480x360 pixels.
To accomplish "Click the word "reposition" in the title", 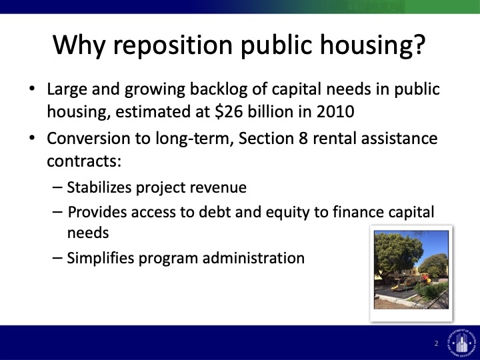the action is pyautogui.click(x=173, y=46).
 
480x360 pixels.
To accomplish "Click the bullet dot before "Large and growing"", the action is pyautogui.click(x=32, y=89).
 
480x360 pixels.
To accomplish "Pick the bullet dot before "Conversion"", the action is pyautogui.click(x=32, y=138).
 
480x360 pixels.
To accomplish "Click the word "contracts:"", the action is pyautogui.click(x=84, y=161).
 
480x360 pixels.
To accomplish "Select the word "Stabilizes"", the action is pyautogui.click(x=99, y=187).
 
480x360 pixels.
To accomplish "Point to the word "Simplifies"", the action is pyautogui.click(x=101, y=258).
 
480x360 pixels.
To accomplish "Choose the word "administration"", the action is pyautogui.click(x=253, y=258).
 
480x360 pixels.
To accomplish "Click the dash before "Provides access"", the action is pyautogui.click(x=57, y=212).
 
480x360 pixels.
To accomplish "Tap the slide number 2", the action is pyautogui.click(x=436, y=343).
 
